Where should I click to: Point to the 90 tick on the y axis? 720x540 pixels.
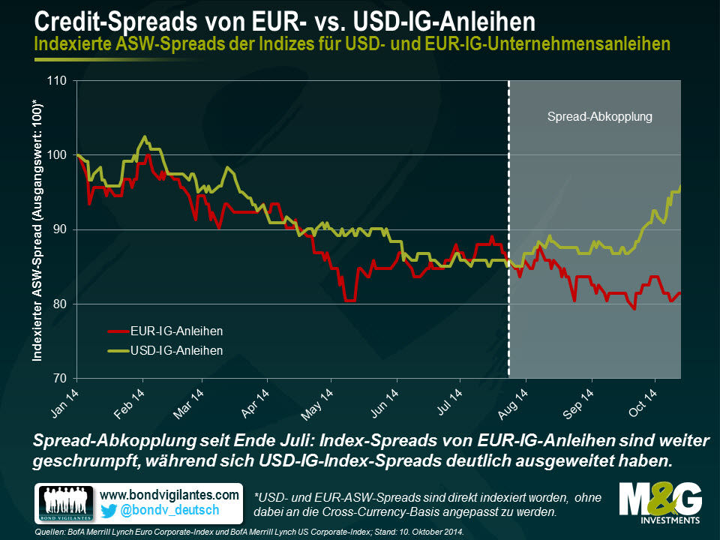pyautogui.click(x=60, y=229)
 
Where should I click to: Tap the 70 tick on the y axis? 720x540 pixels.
pyautogui.click(x=60, y=379)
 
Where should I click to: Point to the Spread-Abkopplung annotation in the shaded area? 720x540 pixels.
pyautogui.click(x=600, y=117)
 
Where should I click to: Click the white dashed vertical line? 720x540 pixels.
pyautogui.click(x=509, y=225)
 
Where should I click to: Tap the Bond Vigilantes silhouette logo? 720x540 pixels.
pyautogui.click(x=64, y=503)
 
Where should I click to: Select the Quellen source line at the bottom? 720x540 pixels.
pyautogui.click(x=247, y=532)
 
